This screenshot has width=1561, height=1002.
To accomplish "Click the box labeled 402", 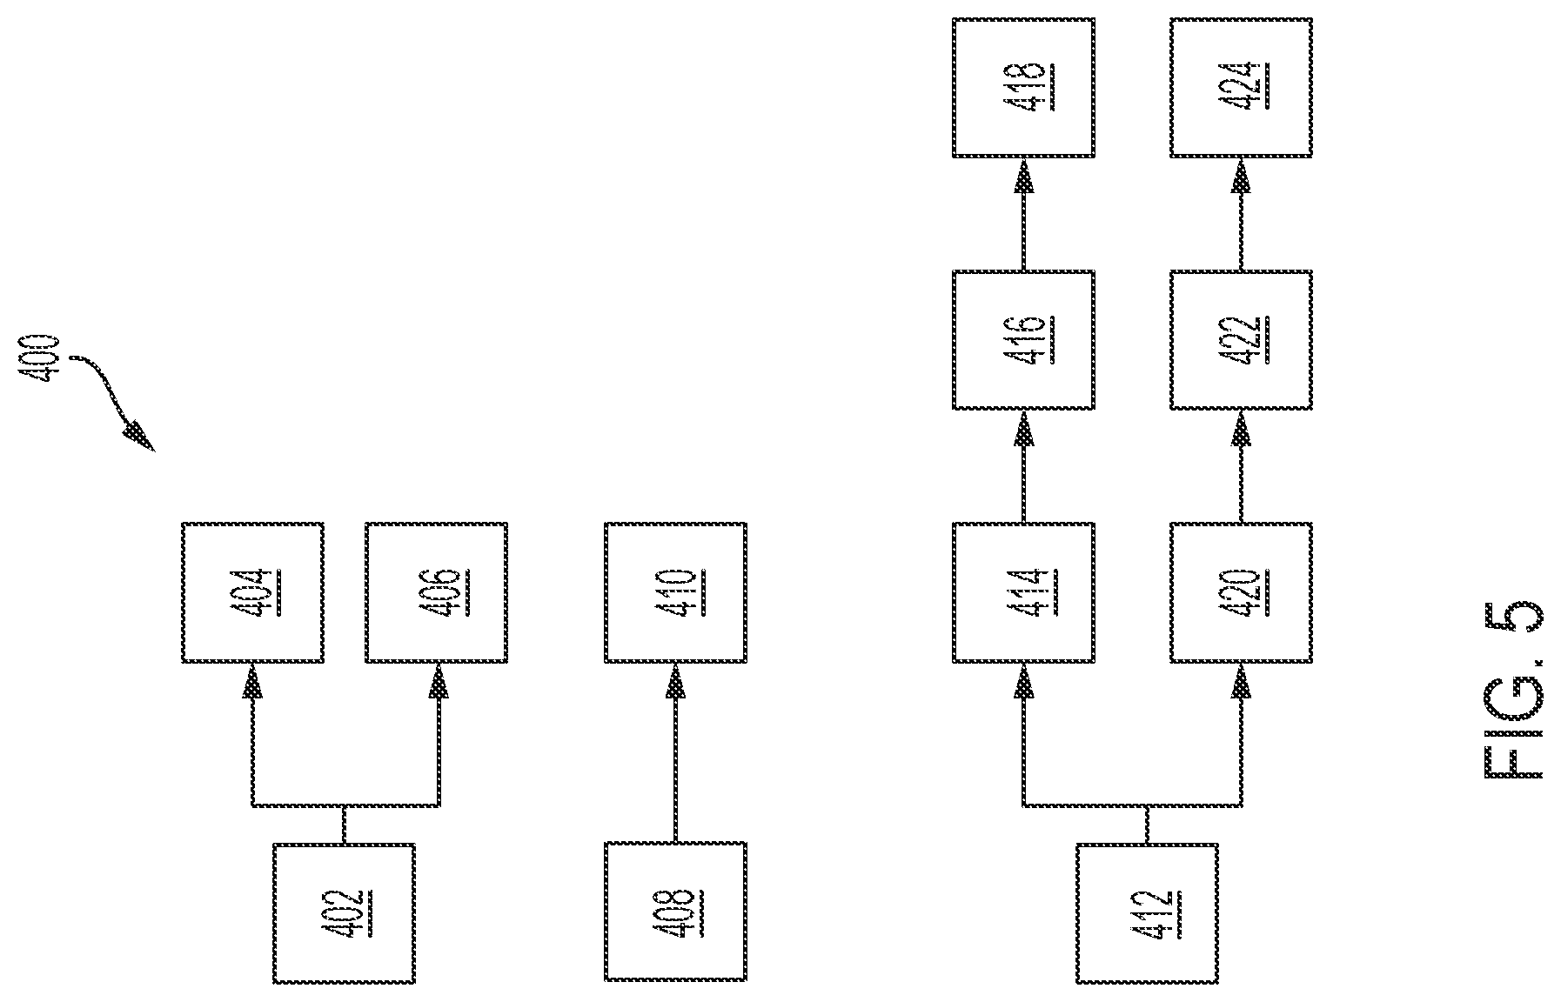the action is (x=344, y=912).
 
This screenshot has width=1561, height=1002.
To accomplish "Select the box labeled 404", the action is (x=253, y=592).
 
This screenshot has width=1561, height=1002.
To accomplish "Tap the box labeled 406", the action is (x=437, y=592).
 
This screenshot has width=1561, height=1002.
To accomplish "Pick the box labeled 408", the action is (x=675, y=912).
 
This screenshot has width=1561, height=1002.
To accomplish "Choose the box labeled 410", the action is (x=675, y=592).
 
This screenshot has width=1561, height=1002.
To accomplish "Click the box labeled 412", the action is (x=1148, y=912).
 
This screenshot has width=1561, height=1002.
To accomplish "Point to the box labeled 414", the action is (x=1023, y=592).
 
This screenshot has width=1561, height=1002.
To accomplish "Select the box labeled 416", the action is (x=1023, y=340).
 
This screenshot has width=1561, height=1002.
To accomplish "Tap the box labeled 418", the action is (x=1023, y=87).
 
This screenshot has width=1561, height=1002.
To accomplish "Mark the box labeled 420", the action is (x=1241, y=592).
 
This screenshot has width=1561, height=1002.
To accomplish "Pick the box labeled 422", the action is (x=1241, y=340).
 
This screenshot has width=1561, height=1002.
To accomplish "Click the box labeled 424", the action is (x=1241, y=87).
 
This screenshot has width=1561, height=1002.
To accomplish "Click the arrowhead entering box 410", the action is (x=675, y=680).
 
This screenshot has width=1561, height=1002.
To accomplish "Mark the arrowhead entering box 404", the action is (x=252, y=680).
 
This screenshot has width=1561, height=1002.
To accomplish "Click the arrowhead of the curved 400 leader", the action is (x=139, y=437).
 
